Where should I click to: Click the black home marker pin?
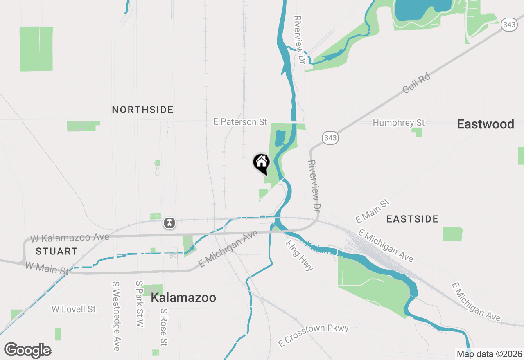click(x=261, y=163)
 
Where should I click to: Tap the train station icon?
click(x=169, y=223)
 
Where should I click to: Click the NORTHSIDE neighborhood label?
click(x=143, y=110)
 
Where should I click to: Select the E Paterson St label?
click(x=240, y=122)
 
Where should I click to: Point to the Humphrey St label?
click(x=399, y=123)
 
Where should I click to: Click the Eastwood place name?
click(x=486, y=124)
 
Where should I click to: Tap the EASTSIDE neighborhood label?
click(x=413, y=219)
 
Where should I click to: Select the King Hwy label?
click(x=300, y=256)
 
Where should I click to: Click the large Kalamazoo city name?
click(x=183, y=298)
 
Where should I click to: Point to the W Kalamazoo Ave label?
click(x=70, y=238)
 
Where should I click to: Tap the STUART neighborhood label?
click(x=56, y=251)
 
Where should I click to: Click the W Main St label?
click(x=47, y=268)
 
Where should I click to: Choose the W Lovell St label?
click(x=74, y=309)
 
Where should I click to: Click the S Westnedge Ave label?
click(x=116, y=316)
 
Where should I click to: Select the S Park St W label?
click(x=140, y=304)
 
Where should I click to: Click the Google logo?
click(x=27, y=351)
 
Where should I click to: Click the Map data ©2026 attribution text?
click(x=489, y=354)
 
